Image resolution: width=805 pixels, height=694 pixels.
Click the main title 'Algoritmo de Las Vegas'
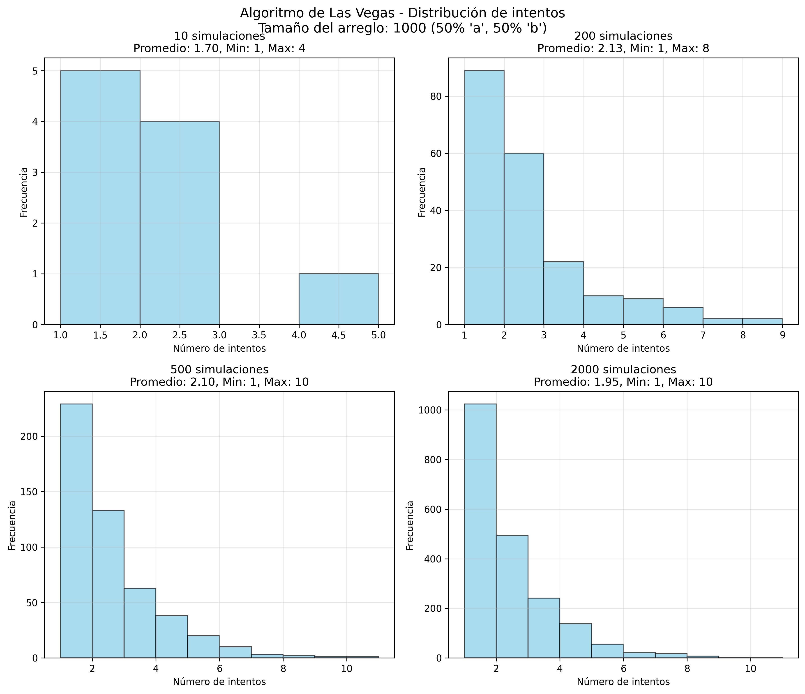pyautogui.click(x=402, y=13)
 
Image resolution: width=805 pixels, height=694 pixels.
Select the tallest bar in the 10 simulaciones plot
pyautogui.click(x=100, y=197)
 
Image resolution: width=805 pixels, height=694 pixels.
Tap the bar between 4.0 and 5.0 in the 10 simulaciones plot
pyautogui.click(x=338, y=299)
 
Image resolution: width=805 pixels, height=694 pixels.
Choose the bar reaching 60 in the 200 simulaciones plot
pyautogui.click(x=524, y=239)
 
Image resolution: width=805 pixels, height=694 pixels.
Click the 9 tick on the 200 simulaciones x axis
pyautogui.click(x=782, y=335)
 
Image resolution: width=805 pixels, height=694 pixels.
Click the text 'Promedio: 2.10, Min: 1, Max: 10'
pyautogui.click(x=219, y=382)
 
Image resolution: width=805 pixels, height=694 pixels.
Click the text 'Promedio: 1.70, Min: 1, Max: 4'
pyautogui.click(x=219, y=49)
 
